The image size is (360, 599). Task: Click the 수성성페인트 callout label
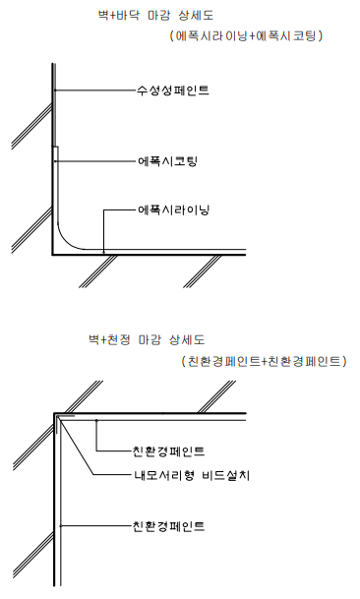pos(172,90)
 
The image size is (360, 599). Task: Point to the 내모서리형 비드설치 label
pos(191,475)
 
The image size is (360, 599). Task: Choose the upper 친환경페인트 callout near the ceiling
pos(168,451)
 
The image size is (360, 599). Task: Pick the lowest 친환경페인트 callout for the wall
pos(168,526)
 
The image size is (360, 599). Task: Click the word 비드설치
pos(225,475)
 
